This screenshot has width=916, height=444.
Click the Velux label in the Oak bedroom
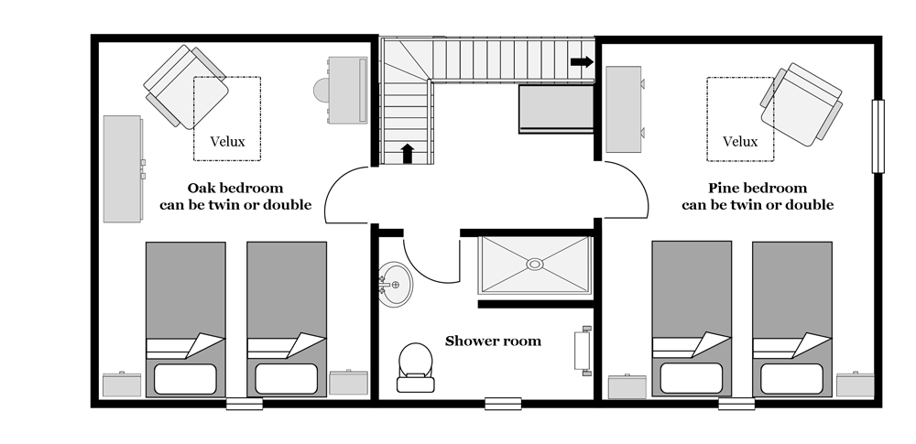[x=227, y=141]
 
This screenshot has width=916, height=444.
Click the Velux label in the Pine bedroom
[x=740, y=141]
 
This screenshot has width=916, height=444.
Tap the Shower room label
[x=493, y=341]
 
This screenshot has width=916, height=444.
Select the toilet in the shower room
[x=415, y=367]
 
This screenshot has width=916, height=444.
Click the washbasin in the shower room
[x=395, y=285]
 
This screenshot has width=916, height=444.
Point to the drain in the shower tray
[x=535, y=264]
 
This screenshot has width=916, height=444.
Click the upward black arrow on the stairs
[x=408, y=154]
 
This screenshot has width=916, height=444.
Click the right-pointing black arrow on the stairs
[x=582, y=62]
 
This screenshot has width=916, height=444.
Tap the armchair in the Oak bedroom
[x=186, y=87]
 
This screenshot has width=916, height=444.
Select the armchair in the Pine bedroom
[x=801, y=104]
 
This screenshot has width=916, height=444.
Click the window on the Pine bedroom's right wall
[x=878, y=136]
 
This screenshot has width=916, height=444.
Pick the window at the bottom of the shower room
[x=503, y=404]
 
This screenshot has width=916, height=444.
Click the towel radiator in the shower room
[x=583, y=351]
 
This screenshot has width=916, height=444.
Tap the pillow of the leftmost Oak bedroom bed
[x=185, y=379]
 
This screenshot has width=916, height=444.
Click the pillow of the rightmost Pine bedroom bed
[x=791, y=379]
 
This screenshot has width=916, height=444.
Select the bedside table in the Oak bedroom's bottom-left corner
[x=122, y=384]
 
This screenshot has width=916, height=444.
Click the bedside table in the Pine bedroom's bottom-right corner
[x=856, y=384]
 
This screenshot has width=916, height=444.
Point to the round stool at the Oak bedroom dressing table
[x=322, y=91]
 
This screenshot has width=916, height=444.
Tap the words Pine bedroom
[x=758, y=188]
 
